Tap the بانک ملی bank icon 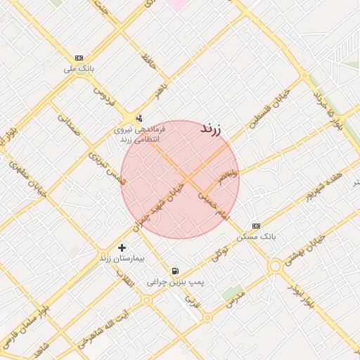[x=79, y=58]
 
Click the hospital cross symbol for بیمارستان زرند [x=122, y=247]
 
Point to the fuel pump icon [x=174, y=271]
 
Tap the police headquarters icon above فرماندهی [x=139, y=118]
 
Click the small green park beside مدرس [x=231, y=294]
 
